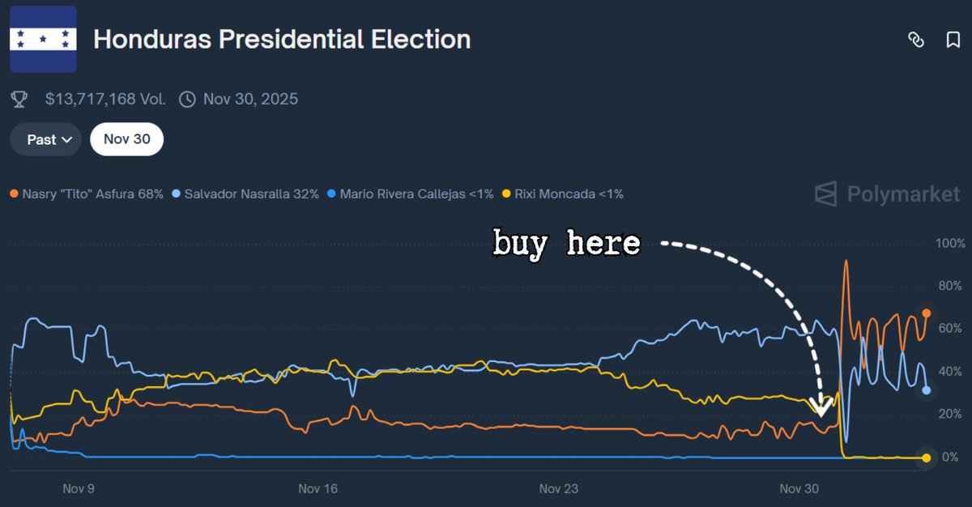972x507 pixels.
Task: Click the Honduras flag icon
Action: [x=43, y=39]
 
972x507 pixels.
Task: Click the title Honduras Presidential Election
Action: [x=281, y=39]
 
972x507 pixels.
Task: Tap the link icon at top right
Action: [x=916, y=40]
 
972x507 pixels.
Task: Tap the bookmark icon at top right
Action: [x=953, y=40]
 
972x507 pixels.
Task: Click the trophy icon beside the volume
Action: [x=19, y=100]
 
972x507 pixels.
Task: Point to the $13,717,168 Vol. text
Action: [x=105, y=100]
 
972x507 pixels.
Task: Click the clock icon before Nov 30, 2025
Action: [x=187, y=100]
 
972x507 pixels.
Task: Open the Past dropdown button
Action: [x=45, y=139]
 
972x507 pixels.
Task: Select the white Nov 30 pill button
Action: [x=126, y=139]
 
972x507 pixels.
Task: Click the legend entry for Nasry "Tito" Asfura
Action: [x=87, y=194]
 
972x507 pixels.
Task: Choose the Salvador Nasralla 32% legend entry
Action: [x=246, y=194]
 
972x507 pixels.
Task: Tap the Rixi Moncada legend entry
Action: [x=563, y=194]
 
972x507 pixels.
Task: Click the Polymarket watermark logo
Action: [x=887, y=194]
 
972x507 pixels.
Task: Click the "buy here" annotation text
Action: [x=566, y=242]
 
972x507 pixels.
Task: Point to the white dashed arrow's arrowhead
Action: [x=821, y=408]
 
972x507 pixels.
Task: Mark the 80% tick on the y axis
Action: [x=949, y=286]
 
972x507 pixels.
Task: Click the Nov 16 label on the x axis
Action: [x=318, y=489]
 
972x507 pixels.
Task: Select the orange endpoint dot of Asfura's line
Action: [x=926, y=313]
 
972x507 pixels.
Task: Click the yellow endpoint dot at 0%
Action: [x=926, y=458]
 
